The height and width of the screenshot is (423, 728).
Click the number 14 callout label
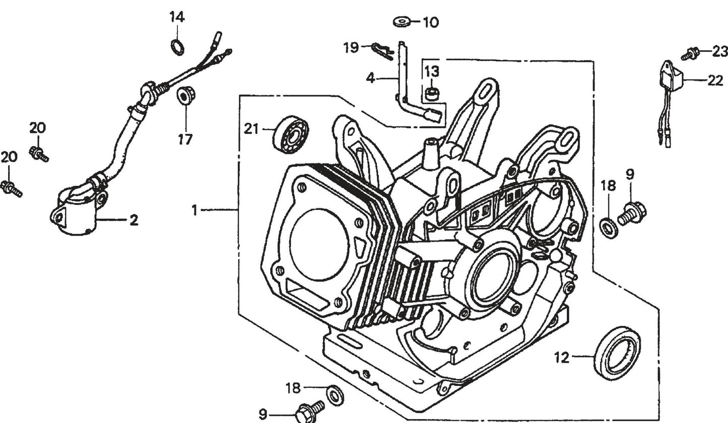(176, 17)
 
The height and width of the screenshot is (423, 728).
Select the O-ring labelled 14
(178, 47)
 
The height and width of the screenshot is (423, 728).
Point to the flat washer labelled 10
(402, 22)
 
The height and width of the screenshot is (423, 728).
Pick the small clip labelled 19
(382, 50)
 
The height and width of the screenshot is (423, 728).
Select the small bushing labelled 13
(431, 93)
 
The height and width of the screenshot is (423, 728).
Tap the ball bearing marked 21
(290, 133)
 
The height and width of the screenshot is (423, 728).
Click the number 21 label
(251, 129)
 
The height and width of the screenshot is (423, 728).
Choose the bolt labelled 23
(691, 52)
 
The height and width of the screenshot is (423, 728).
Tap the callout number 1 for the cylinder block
(194, 210)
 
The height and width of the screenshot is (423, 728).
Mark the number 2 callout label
(134, 220)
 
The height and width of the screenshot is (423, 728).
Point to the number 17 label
(185, 139)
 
